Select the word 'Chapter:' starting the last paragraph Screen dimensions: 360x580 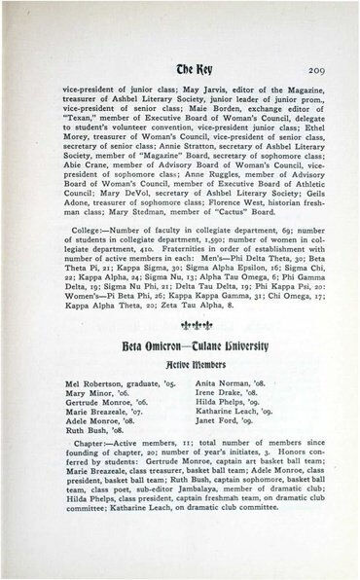(85, 463)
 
